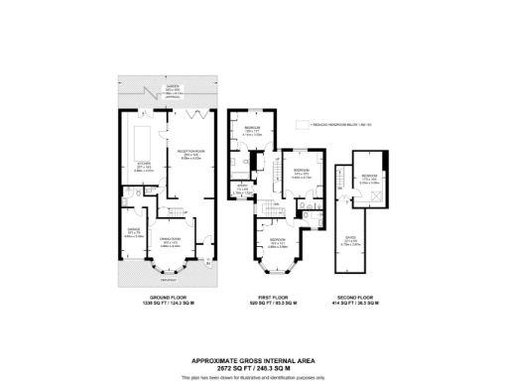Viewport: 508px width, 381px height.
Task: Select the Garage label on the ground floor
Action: point(134,234)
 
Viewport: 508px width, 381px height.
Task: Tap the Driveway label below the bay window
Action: point(165,281)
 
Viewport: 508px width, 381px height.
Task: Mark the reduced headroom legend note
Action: point(337,126)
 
